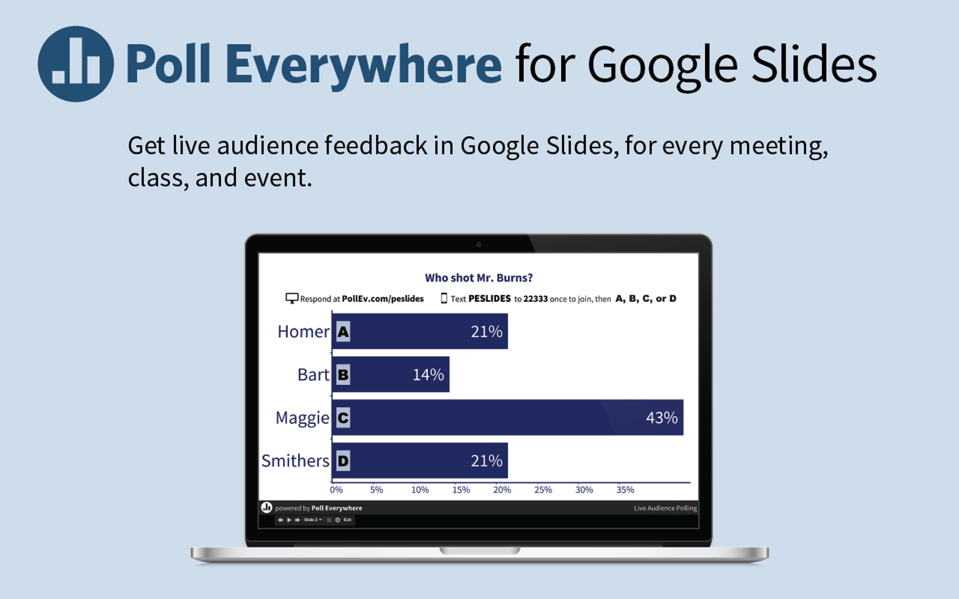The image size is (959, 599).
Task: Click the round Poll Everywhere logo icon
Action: coord(76,64)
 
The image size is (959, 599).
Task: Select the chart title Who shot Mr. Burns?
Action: coord(479,278)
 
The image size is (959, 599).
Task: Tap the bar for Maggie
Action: coord(507,417)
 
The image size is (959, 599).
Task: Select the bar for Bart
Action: coord(391,374)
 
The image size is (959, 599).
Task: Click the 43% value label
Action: coord(662,418)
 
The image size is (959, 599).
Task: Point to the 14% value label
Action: coord(428,375)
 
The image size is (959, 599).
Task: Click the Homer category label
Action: coord(304,331)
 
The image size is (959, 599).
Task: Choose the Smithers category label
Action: coord(296,461)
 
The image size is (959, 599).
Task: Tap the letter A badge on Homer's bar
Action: coord(343,331)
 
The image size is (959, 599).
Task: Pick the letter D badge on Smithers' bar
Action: coord(343,461)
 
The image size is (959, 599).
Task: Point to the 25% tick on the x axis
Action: coord(543,490)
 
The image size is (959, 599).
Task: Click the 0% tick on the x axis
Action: coord(336,490)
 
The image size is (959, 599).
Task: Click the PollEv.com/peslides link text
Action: coord(383,299)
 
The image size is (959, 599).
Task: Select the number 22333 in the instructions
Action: coord(535,299)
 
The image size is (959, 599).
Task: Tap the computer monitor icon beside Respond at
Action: coord(292,298)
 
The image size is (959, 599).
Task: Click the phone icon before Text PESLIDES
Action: coord(444,298)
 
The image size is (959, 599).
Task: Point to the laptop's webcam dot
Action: coord(479,245)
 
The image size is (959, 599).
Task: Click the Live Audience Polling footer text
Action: coord(665,508)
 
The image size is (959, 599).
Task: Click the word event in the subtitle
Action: coord(278,178)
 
